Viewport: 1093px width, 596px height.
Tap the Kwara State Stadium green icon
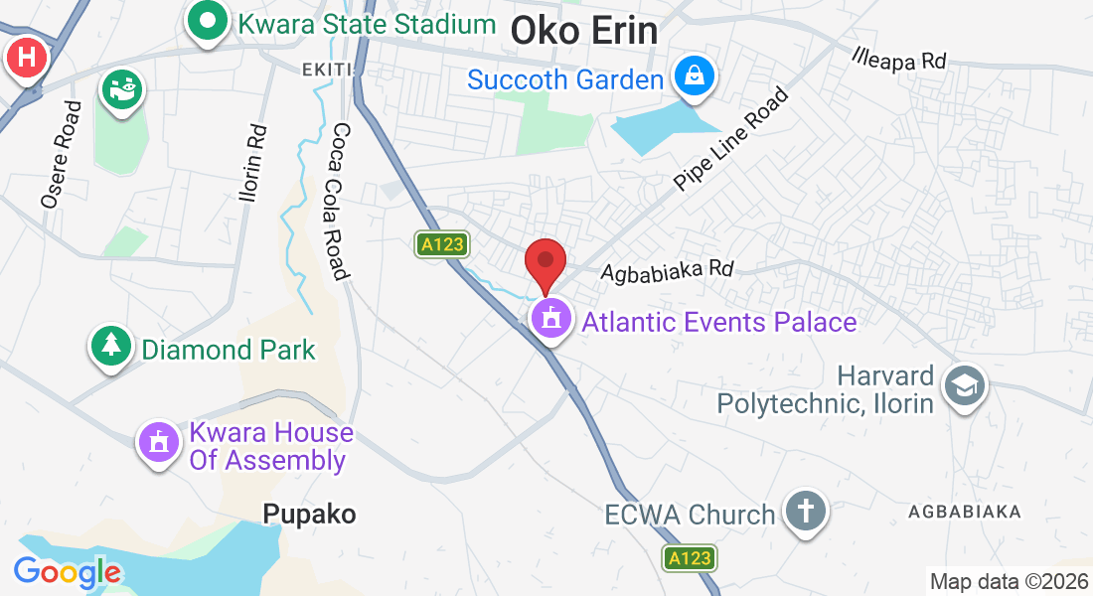click(x=207, y=22)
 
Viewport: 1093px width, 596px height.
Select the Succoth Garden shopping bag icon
click(x=693, y=76)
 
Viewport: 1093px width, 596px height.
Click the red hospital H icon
click(x=27, y=59)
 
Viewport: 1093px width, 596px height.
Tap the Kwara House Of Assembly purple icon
click(x=158, y=441)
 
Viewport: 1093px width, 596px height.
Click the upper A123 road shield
click(x=442, y=244)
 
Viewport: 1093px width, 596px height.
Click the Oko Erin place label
click(x=583, y=31)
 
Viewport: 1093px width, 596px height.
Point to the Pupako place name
click(x=309, y=514)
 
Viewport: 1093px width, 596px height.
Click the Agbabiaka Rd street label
click(x=667, y=269)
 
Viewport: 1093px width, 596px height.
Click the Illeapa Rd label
click(x=899, y=58)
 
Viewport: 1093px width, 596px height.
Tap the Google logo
click(x=67, y=572)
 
